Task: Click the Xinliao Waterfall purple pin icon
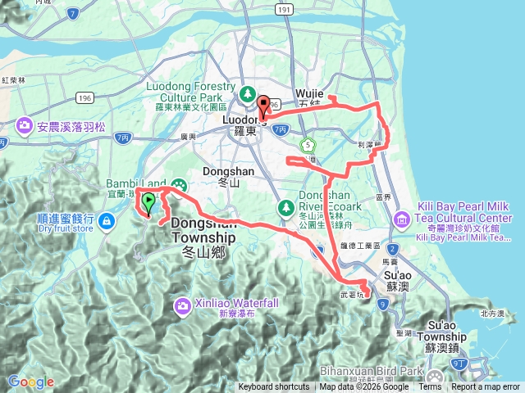182,306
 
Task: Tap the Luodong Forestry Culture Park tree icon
247,91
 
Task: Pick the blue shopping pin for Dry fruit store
107,220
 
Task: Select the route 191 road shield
284,9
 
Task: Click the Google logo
30,382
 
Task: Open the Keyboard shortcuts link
274,387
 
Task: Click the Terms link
430,387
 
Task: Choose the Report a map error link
486,387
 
